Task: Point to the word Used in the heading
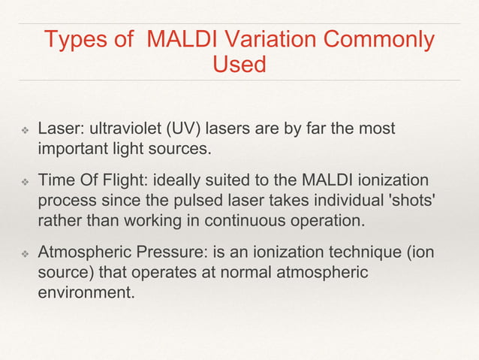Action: point(239,64)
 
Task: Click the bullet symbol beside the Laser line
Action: point(23,130)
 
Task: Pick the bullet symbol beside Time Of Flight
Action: point(23,182)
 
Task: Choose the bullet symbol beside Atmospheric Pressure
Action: point(23,253)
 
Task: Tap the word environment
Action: point(86,291)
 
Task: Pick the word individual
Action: point(335,200)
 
